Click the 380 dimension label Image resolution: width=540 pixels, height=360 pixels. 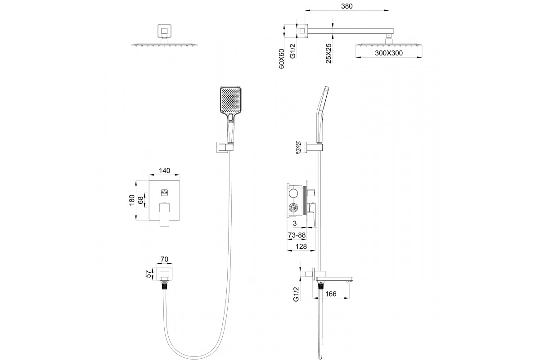346,6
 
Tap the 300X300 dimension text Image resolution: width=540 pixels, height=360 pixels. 389,53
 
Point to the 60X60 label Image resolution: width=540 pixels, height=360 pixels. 282,58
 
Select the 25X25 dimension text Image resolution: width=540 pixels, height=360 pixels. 328,53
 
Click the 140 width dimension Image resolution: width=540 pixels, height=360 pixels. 164,171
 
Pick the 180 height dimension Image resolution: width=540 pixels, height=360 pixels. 131,200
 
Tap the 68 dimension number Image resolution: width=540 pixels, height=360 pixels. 140,200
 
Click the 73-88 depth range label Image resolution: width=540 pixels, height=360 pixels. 297,235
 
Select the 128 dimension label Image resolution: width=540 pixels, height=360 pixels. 301,247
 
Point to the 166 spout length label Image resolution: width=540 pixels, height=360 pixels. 330,294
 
